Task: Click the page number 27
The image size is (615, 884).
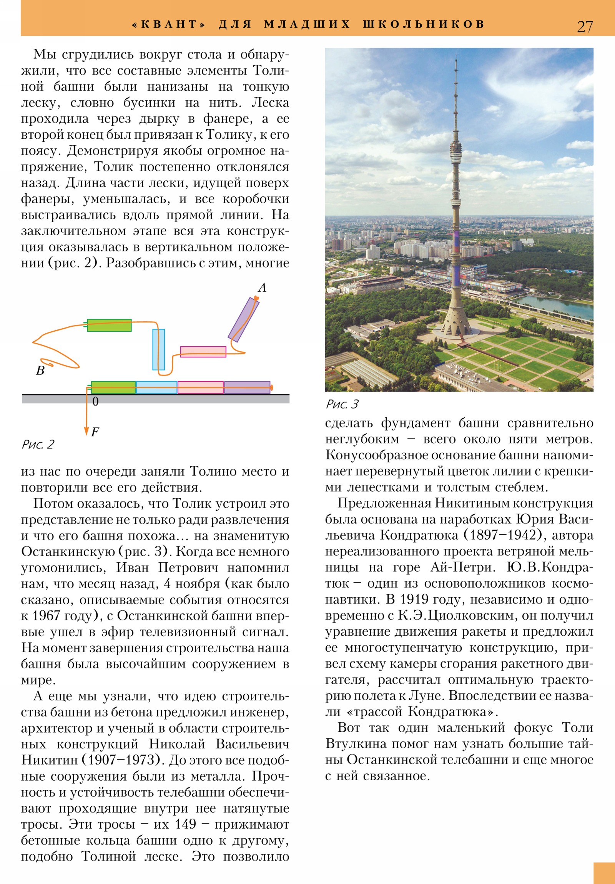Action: point(585,27)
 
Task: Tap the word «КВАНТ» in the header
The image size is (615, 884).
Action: point(169,24)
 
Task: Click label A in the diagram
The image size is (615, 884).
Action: point(262,287)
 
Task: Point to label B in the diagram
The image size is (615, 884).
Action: point(40,371)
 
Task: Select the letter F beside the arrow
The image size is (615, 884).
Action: point(95,432)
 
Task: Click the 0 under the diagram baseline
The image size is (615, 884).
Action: point(95,402)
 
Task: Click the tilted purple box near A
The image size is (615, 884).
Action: point(243,319)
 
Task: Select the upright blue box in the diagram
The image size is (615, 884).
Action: point(158,349)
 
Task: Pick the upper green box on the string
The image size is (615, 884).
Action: point(110,325)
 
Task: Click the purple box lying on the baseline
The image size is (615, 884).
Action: point(247,387)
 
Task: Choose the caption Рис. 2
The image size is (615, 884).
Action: point(38,445)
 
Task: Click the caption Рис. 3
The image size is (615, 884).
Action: point(342,404)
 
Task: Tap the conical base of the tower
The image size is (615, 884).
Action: point(455,324)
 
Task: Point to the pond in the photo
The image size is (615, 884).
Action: point(555,304)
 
